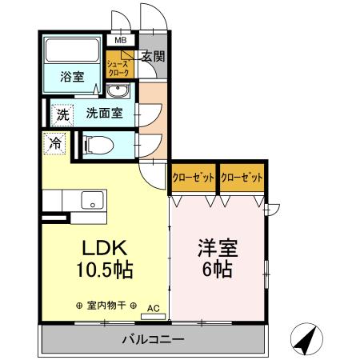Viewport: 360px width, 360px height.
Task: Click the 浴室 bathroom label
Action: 73,77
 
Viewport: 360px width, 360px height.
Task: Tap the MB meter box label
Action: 121,39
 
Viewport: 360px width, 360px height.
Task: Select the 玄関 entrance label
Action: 154,56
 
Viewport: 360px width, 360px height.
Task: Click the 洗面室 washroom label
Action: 104,113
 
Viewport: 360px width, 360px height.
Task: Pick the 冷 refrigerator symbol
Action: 54,144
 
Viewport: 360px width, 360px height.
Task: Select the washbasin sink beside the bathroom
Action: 118,89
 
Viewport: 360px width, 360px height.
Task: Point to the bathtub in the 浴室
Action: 73,51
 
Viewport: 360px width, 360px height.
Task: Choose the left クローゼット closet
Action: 194,178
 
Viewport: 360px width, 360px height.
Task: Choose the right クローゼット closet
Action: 242,178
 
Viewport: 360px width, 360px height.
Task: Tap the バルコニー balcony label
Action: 154,339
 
